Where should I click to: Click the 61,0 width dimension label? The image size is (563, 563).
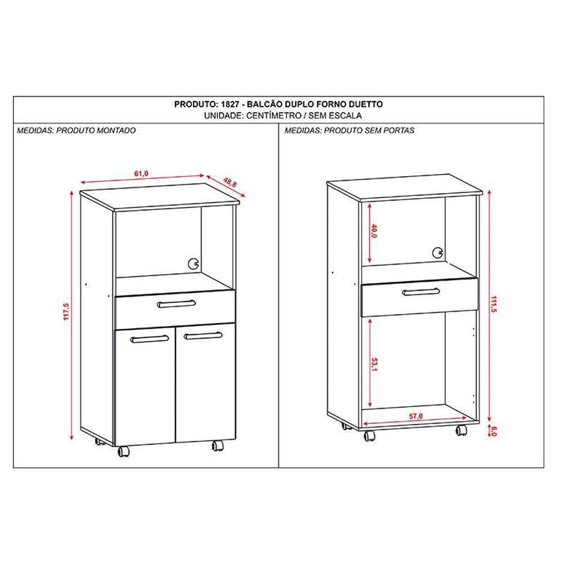(141, 174)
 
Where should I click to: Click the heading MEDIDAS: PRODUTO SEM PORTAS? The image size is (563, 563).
(350, 130)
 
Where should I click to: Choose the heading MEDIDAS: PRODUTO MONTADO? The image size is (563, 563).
(76, 130)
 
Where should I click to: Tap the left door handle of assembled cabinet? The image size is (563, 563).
(150, 338)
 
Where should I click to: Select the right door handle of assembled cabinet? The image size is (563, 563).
(201, 336)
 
